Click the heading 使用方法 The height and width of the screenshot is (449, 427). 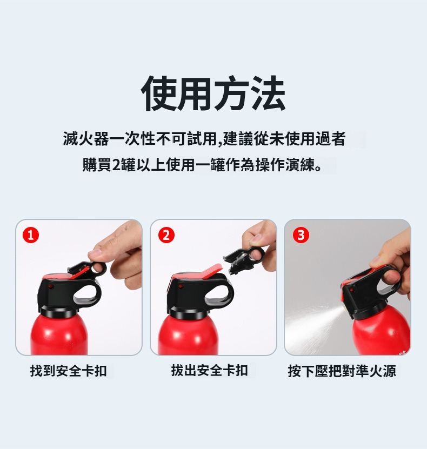(x=213, y=93)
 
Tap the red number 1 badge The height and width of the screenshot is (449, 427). (x=31, y=236)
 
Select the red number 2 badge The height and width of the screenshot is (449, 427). (x=166, y=235)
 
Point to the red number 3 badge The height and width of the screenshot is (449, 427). (x=301, y=235)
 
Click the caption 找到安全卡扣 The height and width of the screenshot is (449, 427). (x=69, y=371)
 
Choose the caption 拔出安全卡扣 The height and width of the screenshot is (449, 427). (x=209, y=370)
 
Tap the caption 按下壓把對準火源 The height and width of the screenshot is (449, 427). (x=342, y=371)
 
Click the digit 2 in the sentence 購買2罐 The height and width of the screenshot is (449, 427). (x=117, y=165)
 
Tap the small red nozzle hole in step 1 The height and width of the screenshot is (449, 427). (x=51, y=287)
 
